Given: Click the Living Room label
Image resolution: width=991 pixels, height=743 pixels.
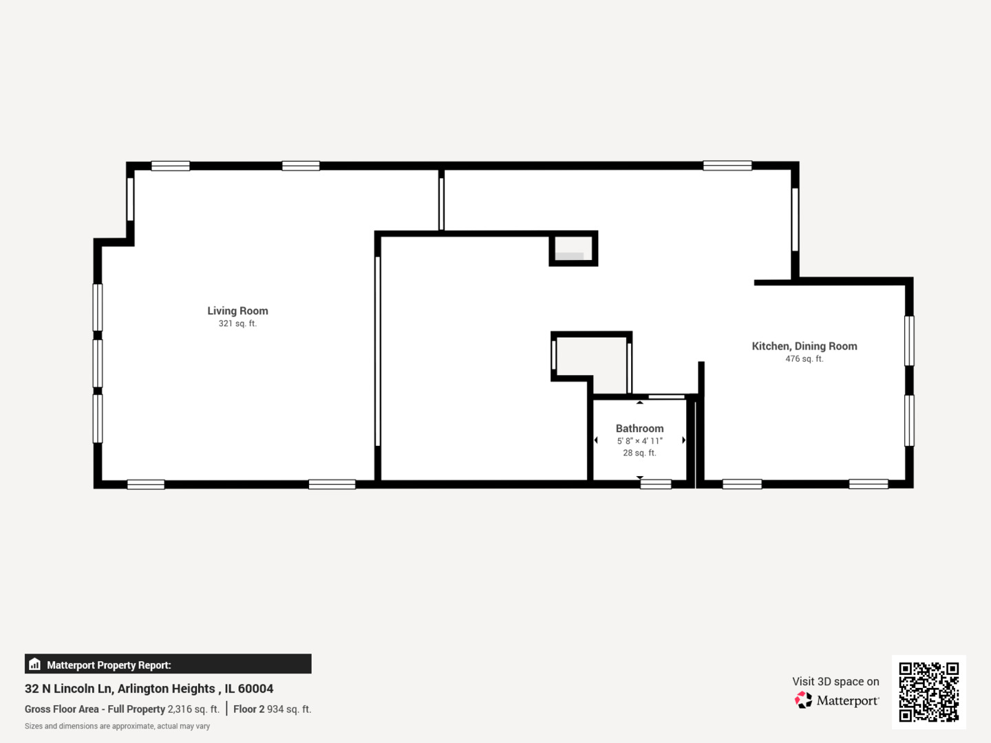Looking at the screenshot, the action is coord(237,311).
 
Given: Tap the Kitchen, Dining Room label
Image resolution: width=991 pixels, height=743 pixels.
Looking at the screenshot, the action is coord(804,346).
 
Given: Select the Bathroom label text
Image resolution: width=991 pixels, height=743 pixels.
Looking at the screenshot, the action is coord(639,428).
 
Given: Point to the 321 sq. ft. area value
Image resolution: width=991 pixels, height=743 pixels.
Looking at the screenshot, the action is coord(237,323).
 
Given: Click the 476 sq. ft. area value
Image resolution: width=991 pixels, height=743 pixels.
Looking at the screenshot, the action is coord(804,358).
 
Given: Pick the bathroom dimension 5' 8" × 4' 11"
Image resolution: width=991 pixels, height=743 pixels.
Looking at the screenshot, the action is coord(639,441).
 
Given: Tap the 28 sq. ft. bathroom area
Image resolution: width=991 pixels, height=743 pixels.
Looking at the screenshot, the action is coord(639,453).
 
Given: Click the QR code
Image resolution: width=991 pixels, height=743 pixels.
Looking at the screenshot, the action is coord(928,691).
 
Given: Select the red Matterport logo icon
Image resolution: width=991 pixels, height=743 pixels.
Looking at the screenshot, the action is coord(803,700).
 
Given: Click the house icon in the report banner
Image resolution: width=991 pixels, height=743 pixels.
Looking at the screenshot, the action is coord(35,664).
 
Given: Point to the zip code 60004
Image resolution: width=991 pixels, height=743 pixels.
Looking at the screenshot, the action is coord(255,689).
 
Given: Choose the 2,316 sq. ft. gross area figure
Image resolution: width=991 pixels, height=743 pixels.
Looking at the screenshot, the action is coord(193,709).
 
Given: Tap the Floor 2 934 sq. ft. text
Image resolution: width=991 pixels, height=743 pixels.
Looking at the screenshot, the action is coord(273,709).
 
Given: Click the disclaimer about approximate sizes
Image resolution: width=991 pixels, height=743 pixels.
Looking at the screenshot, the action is coord(118,726).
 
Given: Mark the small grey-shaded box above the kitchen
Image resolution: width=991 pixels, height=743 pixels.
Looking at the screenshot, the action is coord(573,248).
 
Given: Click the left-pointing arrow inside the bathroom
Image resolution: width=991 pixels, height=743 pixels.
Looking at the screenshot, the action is coord(596,440).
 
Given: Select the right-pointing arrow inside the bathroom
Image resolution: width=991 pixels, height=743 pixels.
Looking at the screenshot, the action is coord(683,440).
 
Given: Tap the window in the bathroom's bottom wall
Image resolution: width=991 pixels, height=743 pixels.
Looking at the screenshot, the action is coord(656,484).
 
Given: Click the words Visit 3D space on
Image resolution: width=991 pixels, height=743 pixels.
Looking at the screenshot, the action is coord(835,681).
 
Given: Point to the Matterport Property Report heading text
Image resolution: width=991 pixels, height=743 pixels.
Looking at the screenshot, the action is coord(109,665).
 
